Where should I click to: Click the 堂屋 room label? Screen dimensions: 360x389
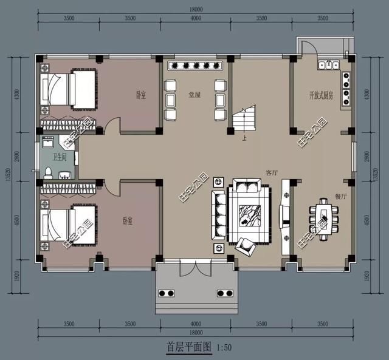(187, 95)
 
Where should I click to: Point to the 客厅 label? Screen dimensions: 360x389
(271, 172)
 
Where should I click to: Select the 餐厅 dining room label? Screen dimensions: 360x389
(340, 197)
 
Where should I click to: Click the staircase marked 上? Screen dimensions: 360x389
(243, 119)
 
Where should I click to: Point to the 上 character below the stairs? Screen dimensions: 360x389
(244, 138)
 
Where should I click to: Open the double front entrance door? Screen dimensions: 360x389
(195, 269)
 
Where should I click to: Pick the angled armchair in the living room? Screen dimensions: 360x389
(246, 245)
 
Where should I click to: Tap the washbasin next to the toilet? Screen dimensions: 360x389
(65, 175)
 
